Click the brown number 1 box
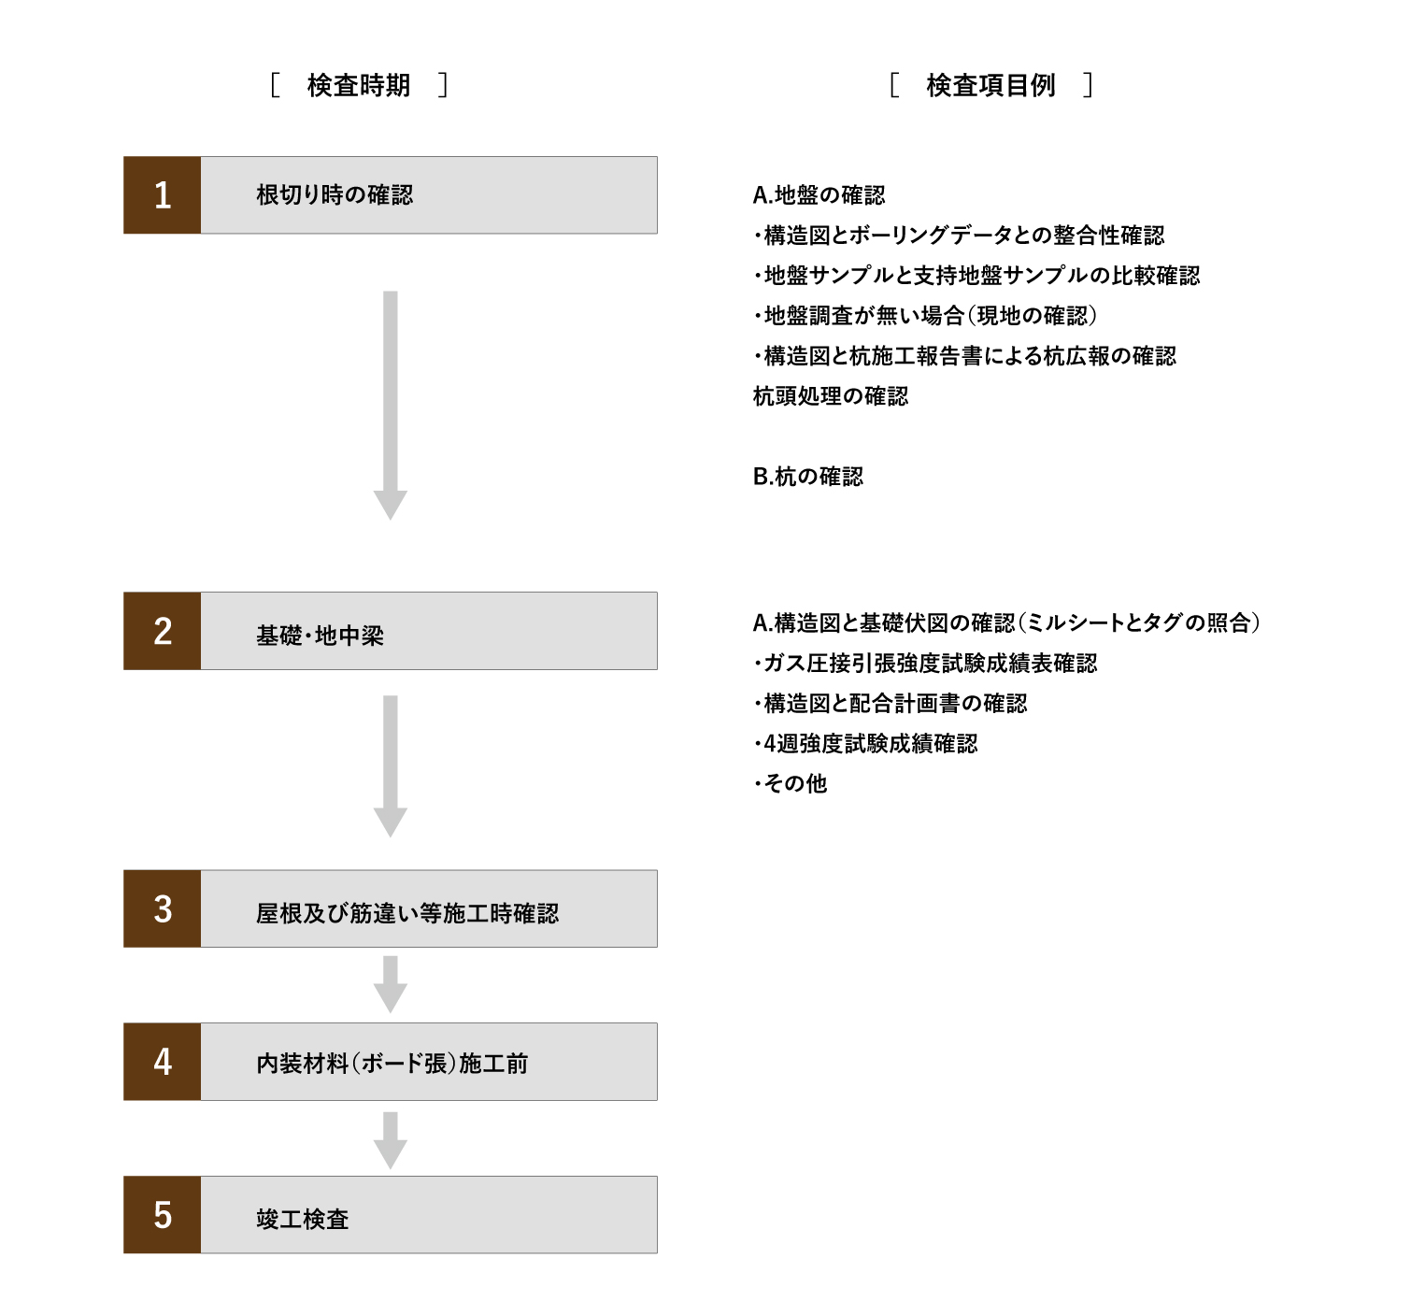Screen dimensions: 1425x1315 tap(162, 194)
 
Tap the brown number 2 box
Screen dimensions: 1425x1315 tap(162, 631)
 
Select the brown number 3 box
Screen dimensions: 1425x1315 tap(162, 908)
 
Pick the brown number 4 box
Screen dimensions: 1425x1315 tap(162, 1062)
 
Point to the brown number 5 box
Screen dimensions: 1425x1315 tap(162, 1215)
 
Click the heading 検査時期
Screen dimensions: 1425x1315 tap(359, 85)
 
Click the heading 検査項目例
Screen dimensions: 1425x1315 tap(990, 85)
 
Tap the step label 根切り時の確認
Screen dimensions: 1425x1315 tap(335, 194)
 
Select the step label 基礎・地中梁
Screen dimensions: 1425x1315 tap(320, 636)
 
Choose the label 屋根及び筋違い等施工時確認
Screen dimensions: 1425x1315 tap(407, 913)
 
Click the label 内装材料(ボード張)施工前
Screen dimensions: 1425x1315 tap(392, 1064)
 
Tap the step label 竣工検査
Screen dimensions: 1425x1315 tap(302, 1219)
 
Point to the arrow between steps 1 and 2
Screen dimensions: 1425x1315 tap(391, 405)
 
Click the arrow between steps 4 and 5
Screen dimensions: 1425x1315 tap(391, 1141)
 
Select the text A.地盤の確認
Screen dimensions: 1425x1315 tap(819, 194)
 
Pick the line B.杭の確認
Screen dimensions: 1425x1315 tap(807, 477)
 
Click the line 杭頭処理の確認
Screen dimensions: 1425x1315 tap(830, 396)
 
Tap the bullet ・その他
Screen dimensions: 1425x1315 tap(790, 783)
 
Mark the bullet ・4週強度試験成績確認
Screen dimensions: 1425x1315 tap(865, 743)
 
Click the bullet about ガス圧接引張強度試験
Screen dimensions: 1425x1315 tap(925, 663)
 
